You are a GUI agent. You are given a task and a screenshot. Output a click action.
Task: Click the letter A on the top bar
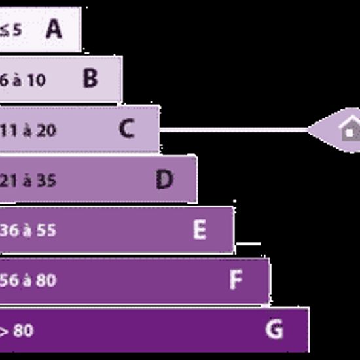pos(54,29)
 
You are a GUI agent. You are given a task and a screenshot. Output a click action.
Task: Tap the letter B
pos(91,78)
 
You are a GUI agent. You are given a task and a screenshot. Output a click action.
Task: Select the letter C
pos(127,128)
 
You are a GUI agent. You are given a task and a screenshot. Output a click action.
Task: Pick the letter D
pos(164,179)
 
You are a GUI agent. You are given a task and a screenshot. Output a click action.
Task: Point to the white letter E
pos(200,229)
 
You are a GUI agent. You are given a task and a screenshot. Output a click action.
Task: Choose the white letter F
pos(236,279)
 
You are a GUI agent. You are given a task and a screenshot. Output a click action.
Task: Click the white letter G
pos(274,329)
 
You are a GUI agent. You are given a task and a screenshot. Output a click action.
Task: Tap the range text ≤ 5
pos(10,30)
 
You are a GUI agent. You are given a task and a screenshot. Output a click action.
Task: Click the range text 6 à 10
pos(22,81)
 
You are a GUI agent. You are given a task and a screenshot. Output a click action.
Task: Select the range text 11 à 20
pos(28,131)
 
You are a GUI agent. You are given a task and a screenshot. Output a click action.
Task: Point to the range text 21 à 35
pos(28,181)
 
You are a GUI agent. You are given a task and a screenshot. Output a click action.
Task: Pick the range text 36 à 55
pos(28,230)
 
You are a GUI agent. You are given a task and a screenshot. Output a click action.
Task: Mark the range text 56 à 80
pos(28,280)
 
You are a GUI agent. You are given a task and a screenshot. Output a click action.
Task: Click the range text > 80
pos(17,331)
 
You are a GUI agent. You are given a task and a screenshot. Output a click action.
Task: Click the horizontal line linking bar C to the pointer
pos(234,130)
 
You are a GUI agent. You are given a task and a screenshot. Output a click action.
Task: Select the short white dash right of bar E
pos(249,243)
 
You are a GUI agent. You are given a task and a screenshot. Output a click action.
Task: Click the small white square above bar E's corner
pos(234,201)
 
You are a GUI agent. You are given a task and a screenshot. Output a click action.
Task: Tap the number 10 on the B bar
pos(36,81)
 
